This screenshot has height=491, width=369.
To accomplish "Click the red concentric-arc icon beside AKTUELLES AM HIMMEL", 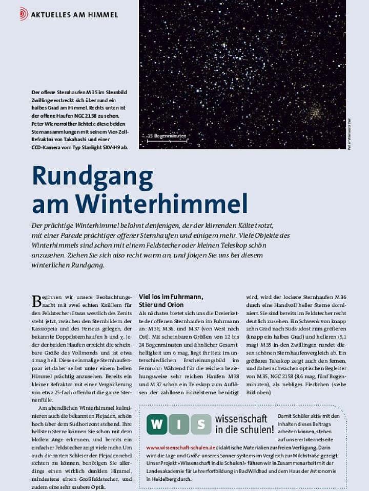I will [24, 14].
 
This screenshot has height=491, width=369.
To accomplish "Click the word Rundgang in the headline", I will [92, 176].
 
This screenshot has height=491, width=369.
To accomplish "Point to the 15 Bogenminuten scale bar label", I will [167, 136].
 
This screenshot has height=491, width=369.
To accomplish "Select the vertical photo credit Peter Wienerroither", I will [350, 134].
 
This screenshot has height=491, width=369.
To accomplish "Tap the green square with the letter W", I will [157, 425].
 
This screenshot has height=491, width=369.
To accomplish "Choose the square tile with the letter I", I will [179, 425].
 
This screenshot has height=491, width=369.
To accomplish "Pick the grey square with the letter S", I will [201, 425].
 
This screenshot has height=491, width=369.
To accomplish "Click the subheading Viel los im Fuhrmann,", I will [171, 297].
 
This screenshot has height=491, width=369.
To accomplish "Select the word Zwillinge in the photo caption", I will [43, 101].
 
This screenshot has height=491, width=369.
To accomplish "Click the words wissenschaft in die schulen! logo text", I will [244, 424].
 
